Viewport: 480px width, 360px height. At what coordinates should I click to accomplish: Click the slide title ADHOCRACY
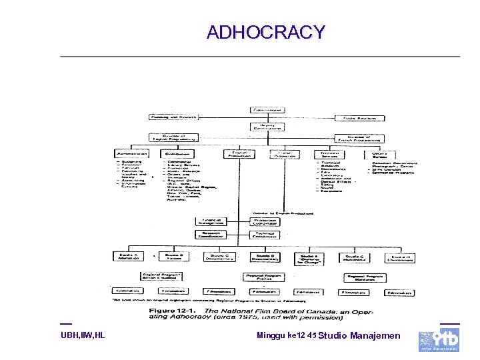click(265, 32)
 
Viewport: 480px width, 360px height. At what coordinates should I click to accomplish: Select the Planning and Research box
click(173, 117)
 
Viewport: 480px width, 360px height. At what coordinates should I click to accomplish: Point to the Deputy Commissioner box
click(267, 126)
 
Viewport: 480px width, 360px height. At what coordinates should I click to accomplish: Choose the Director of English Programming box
click(173, 139)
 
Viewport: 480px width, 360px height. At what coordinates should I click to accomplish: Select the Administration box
click(131, 153)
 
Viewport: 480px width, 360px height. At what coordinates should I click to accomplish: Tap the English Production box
click(239, 153)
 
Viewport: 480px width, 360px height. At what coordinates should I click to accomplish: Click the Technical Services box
click(329, 153)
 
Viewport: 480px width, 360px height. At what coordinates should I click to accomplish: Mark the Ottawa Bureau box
click(379, 153)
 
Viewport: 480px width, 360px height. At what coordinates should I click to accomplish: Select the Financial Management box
click(213, 222)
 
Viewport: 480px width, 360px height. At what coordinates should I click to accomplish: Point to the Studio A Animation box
click(128, 257)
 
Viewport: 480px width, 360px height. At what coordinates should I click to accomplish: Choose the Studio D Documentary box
click(265, 257)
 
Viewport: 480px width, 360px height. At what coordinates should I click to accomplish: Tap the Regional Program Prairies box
click(265, 277)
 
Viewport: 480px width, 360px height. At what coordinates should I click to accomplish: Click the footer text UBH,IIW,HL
click(83, 335)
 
